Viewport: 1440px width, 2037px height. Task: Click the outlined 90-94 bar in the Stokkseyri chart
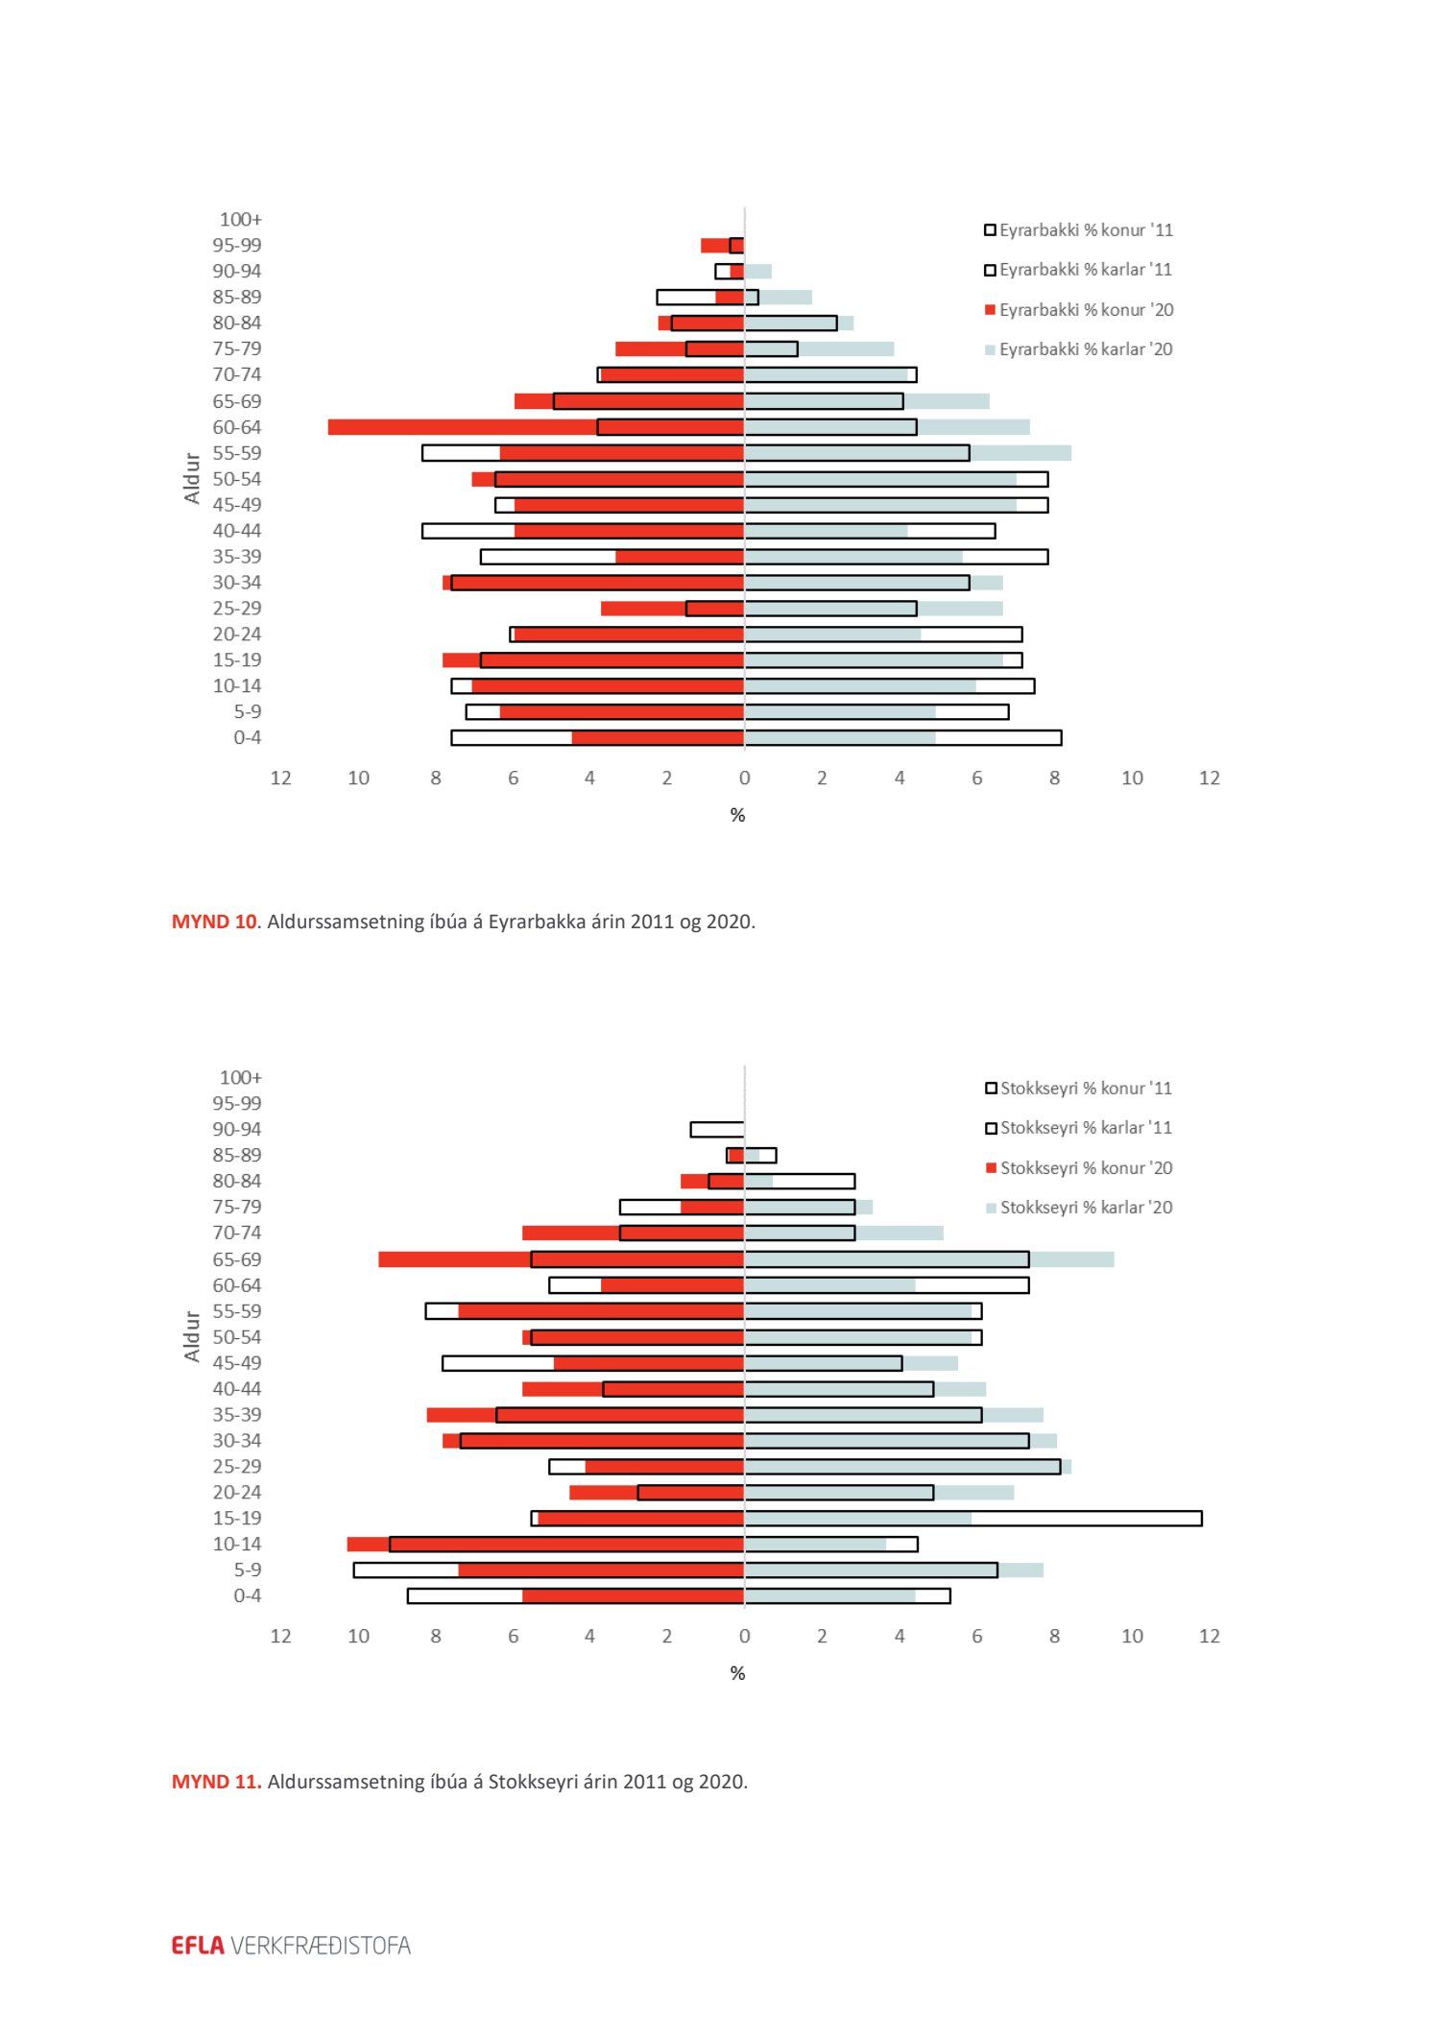pyautogui.click(x=716, y=1130)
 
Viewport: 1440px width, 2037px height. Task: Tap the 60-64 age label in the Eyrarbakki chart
pyautogui.click(x=236, y=427)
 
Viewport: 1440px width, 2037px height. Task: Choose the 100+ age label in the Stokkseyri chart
pyautogui.click(x=240, y=1078)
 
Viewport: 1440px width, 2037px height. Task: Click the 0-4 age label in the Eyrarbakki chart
pyautogui.click(x=247, y=738)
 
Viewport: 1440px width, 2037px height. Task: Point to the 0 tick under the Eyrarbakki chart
pyautogui.click(x=744, y=779)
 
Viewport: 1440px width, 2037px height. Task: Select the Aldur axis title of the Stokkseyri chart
pyautogui.click(x=192, y=1336)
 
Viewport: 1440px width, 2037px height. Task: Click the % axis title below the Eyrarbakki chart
pyautogui.click(x=737, y=816)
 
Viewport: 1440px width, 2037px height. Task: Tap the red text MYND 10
pyautogui.click(x=213, y=923)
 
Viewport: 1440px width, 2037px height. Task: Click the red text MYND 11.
pyautogui.click(x=216, y=1783)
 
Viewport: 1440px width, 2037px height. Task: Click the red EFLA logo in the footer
pyautogui.click(x=198, y=1946)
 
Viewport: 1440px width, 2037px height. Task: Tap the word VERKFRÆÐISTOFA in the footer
pyautogui.click(x=321, y=1946)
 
